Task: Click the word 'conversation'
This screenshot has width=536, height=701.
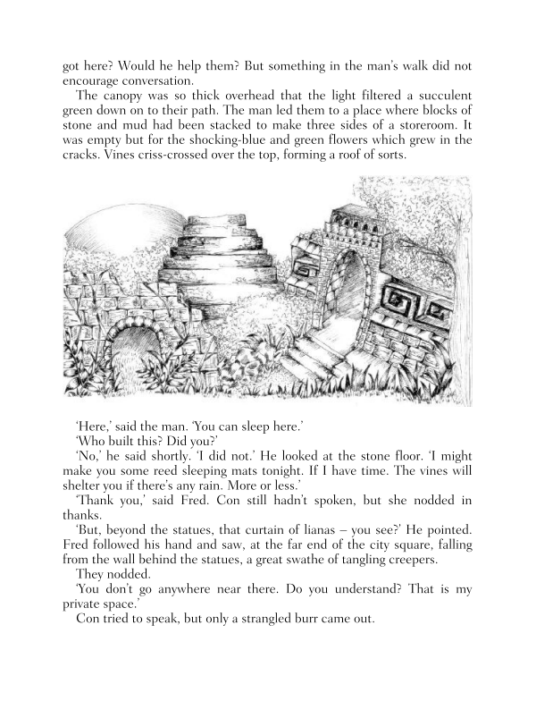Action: [112, 80]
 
